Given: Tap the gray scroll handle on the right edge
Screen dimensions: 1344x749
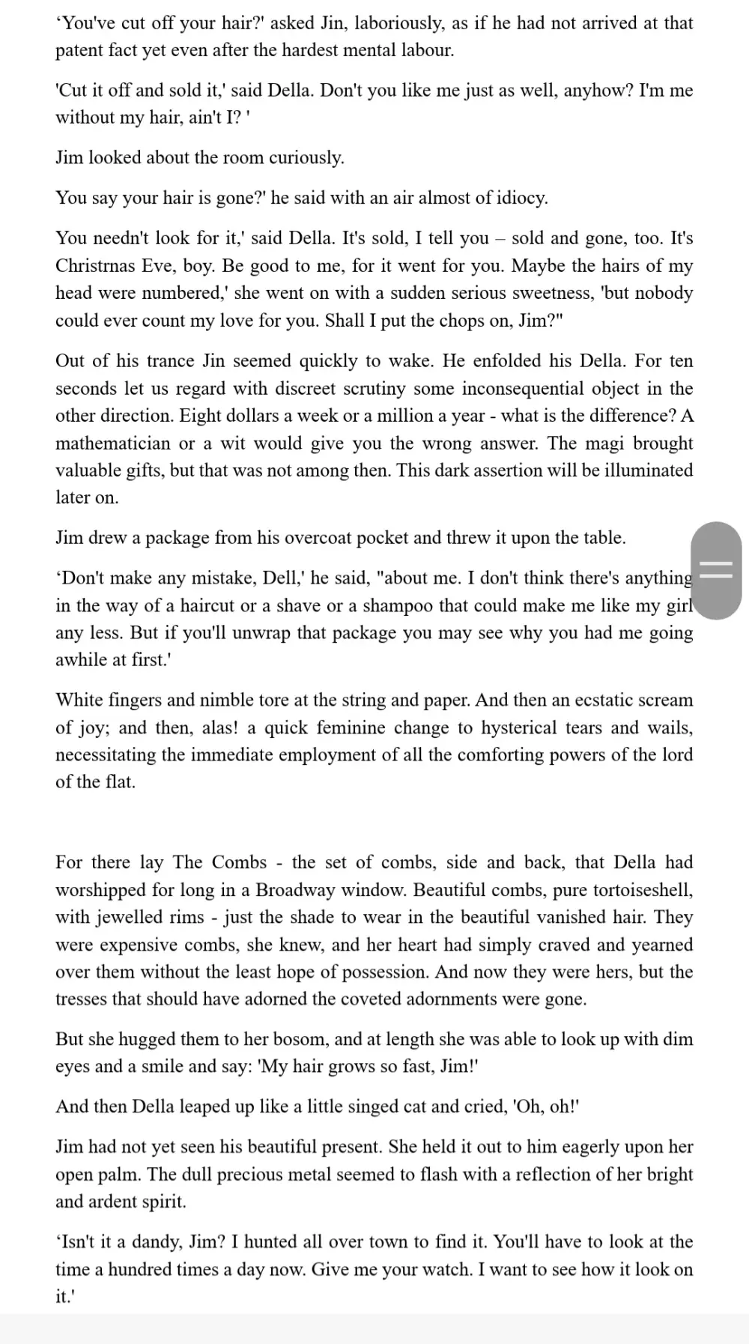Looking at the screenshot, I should (x=717, y=570).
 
